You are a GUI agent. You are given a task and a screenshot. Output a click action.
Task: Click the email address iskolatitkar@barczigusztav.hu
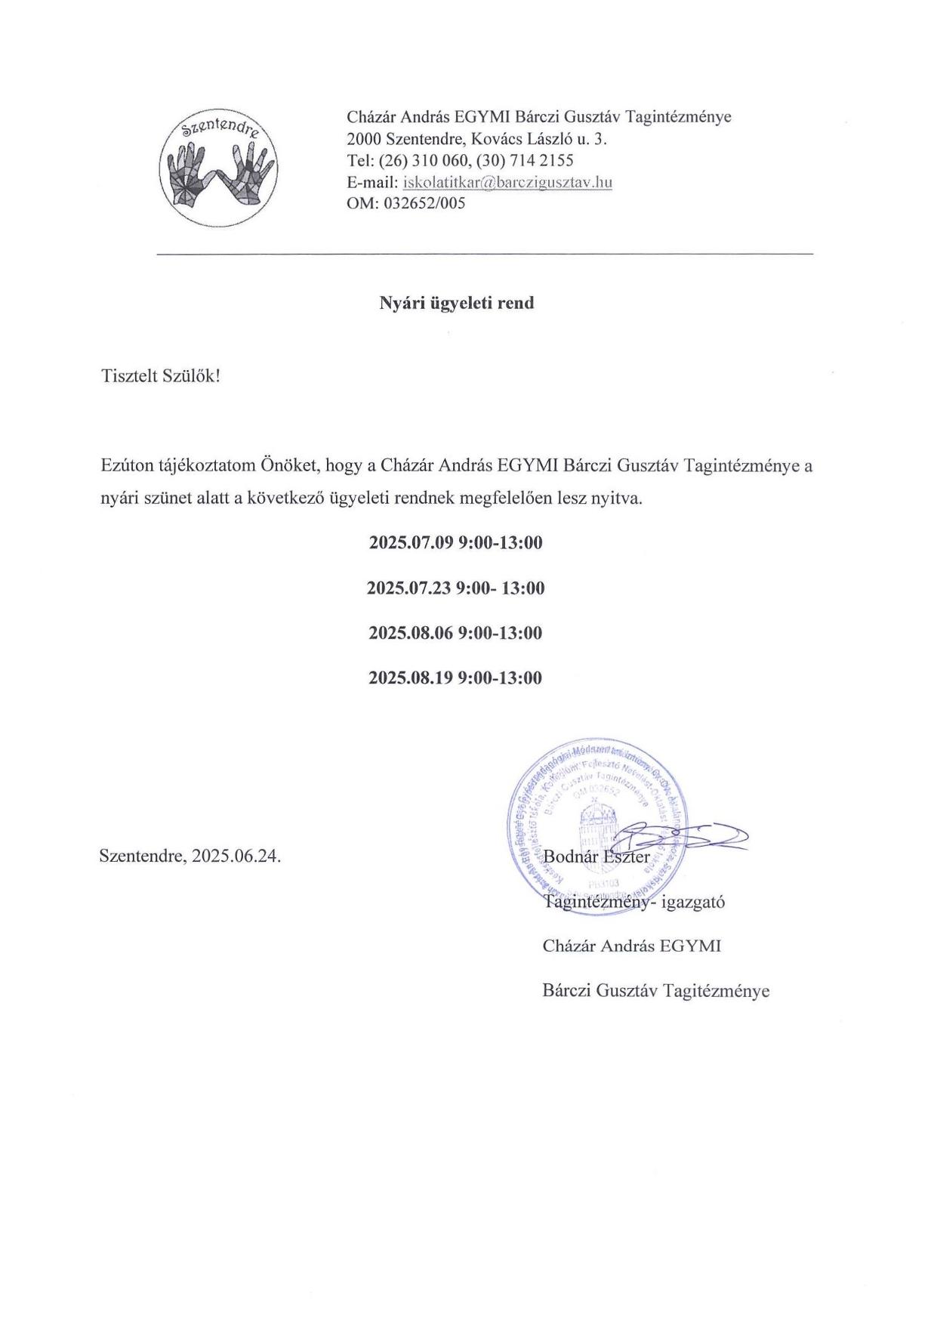[x=508, y=182]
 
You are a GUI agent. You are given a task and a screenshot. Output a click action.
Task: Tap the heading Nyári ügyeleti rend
[x=456, y=303]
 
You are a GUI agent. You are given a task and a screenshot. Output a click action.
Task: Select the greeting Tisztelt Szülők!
[x=160, y=376]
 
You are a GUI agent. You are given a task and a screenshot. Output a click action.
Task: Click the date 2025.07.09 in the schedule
[x=411, y=543]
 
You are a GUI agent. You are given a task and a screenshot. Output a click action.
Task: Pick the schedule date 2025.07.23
[x=408, y=588]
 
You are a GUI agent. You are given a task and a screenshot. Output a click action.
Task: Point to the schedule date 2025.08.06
[x=411, y=633]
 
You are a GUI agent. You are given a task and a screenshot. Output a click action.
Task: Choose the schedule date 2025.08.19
[x=411, y=677]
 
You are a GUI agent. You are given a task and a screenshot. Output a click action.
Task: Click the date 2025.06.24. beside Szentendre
[x=236, y=856]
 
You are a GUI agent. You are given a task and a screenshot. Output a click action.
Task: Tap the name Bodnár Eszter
[x=596, y=856]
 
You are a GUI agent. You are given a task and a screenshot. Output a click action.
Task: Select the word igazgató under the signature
[x=693, y=901]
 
